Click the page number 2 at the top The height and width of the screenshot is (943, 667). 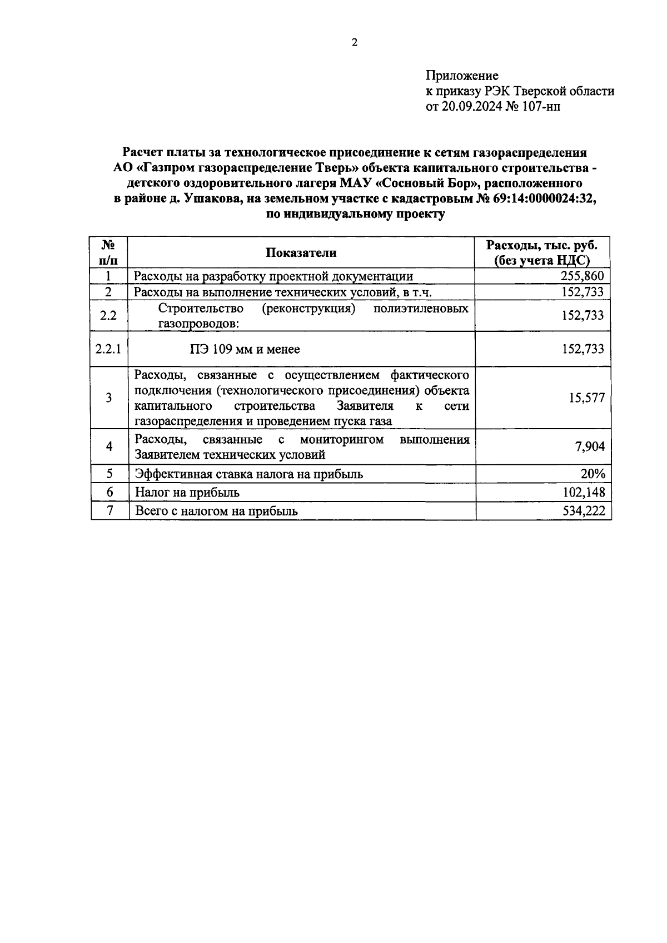point(355,43)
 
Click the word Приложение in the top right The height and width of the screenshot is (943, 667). point(462,76)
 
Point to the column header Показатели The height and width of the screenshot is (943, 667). point(301,252)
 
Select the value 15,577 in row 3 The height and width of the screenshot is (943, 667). point(586,398)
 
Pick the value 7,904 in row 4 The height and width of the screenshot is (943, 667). point(590,446)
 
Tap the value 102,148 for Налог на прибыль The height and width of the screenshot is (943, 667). point(583,492)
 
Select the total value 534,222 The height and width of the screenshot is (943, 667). point(583,510)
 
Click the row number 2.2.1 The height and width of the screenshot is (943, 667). point(109,349)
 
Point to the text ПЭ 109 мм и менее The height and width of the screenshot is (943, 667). point(244,349)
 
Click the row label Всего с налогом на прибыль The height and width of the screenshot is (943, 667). point(216,510)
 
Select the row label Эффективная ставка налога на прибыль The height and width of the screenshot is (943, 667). point(249,474)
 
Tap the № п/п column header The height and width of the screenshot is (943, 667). point(109,252)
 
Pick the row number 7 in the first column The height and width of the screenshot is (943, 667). point(109,510)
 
